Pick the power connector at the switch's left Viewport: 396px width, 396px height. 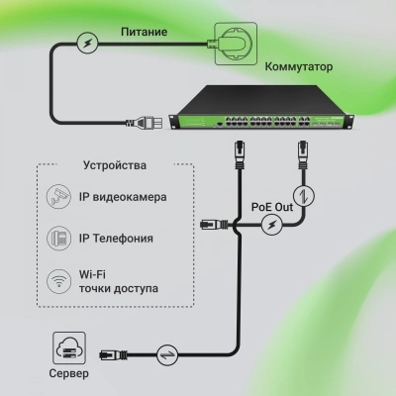139,125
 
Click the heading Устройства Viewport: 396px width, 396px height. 116,164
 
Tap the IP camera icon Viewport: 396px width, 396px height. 60,196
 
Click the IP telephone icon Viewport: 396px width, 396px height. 60,238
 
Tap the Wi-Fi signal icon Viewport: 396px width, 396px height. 60,282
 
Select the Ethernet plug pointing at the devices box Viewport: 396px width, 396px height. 210,227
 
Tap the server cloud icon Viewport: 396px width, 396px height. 67,346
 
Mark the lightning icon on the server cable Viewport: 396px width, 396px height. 168,351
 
